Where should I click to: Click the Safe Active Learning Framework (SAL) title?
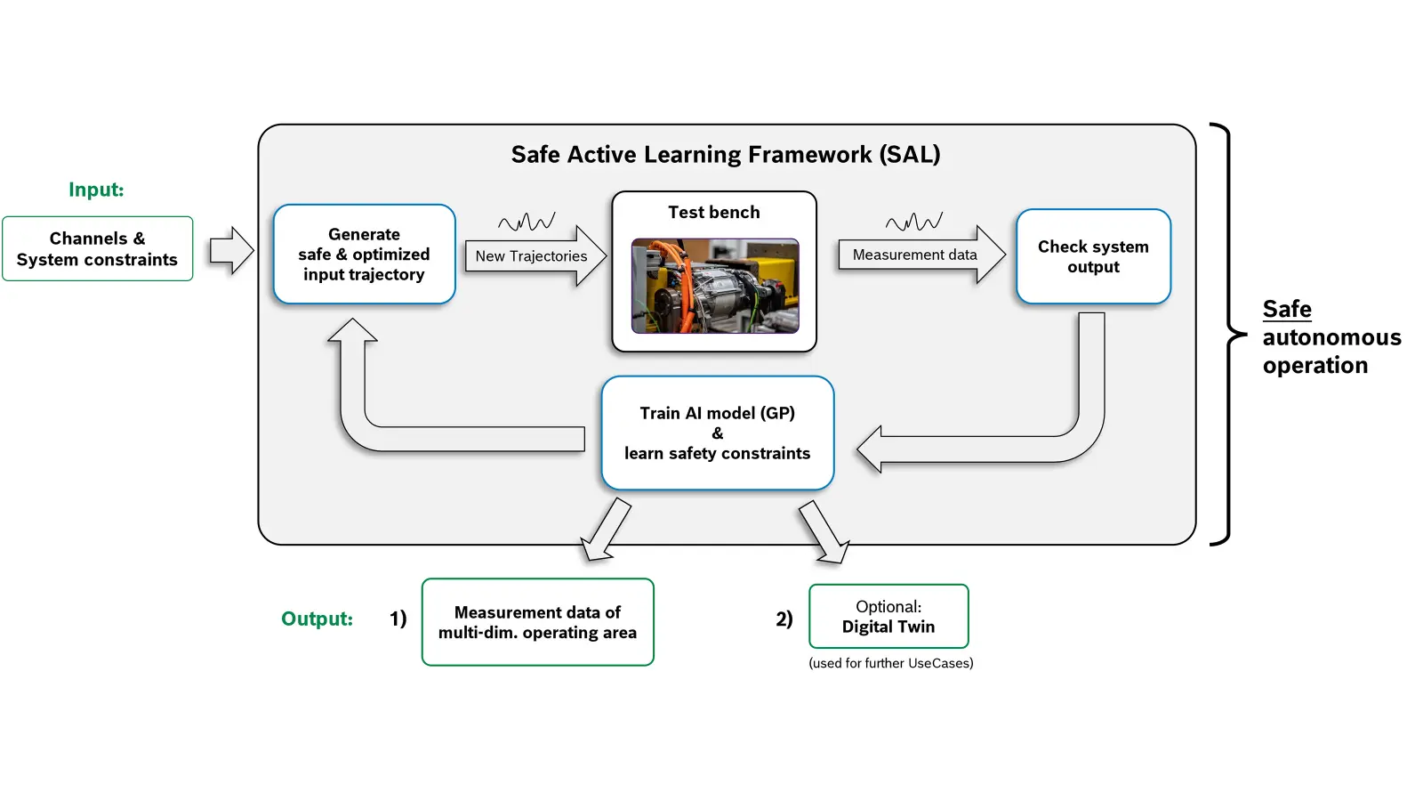point(726,155)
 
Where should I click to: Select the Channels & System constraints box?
point(97,248)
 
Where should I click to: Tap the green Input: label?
point(96,190)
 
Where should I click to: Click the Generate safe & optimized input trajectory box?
point(364,255)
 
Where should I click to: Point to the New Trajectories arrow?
point(535,255)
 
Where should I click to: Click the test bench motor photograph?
point(715,286)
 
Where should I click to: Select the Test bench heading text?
point(714,213)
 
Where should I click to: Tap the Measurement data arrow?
point(921,255)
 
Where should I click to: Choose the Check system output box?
point(1093,256)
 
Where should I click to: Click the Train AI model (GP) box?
point(717,433)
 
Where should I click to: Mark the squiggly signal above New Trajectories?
point(527,222)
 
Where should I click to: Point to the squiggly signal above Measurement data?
point(914,222)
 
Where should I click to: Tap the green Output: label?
point(317,619)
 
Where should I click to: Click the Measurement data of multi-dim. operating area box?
point(537,622)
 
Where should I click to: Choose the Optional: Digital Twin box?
point(888,616)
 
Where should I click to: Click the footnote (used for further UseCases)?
point(890,663)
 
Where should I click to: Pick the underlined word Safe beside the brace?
point(1287,309)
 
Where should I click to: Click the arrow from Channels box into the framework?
point(232,250)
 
